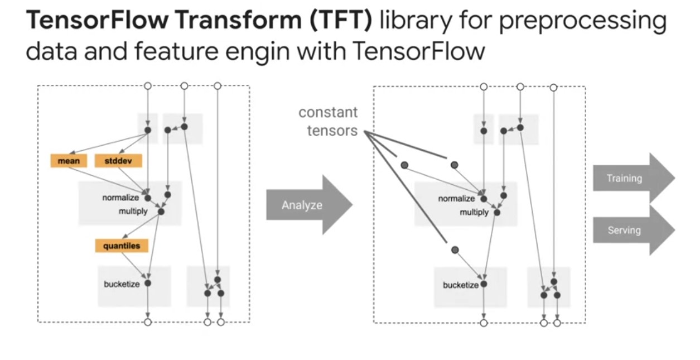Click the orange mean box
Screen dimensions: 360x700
click(x=69, y=161)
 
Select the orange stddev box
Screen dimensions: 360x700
click(x=118, y=161)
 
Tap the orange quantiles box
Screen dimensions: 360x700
click(x=121, y=246)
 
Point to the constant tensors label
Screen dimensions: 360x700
click(x=328, y=122)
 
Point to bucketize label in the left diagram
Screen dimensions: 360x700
click(x=121, y=284)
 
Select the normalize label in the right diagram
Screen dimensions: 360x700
click(x=456, y=199)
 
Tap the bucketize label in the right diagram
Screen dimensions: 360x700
click(x=460, y=285)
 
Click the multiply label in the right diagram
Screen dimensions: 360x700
click(x=474, y=213)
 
